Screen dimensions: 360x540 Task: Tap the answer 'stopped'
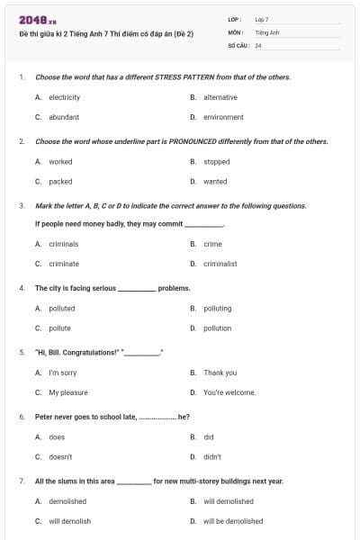[216, 162]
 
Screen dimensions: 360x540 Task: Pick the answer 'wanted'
[215, 182]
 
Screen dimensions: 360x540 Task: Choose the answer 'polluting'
[217, 309]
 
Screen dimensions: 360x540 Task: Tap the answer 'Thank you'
[220, 373]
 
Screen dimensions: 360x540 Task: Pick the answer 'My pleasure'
[68, 392]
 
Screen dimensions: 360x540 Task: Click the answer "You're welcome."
[229, 392]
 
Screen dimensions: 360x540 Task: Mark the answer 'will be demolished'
[233, 521]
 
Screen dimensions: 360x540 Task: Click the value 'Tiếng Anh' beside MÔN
[267, 31]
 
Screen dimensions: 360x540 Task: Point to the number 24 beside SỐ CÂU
[258, 45]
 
